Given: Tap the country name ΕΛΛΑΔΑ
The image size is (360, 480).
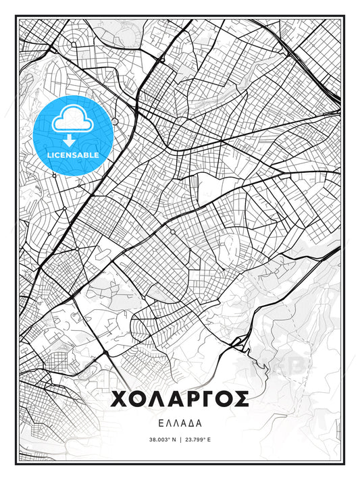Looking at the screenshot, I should tap(180, 423).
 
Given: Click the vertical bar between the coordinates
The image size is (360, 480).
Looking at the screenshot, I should tap(180, 439).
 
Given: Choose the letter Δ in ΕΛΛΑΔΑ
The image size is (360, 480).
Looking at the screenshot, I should tap(192, 423).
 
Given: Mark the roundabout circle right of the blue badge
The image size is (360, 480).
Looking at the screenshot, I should tap(115, 121).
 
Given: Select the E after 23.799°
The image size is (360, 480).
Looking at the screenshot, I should tap(209, 439).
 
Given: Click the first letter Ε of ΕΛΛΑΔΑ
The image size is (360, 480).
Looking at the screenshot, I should tap(159, 423).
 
